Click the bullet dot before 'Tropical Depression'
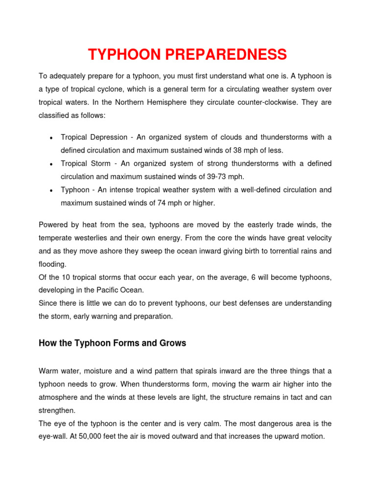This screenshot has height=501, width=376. click(x=51, y=137)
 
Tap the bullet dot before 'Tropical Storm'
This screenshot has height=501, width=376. click(x=51, y=164)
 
